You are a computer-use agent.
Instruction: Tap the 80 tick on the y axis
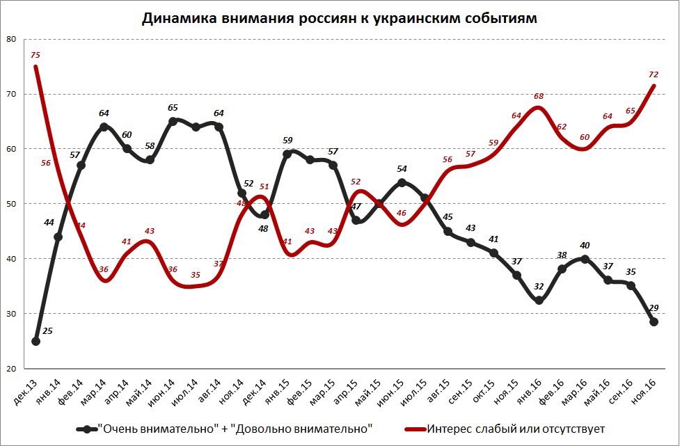10,39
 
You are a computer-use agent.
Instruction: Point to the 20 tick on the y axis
10,369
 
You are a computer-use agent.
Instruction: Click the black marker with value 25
35,341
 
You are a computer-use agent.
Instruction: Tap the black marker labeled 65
173,121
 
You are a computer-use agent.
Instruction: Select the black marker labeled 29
654,321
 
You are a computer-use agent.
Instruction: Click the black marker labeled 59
287,154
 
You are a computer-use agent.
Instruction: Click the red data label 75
35,55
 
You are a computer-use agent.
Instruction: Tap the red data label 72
654,74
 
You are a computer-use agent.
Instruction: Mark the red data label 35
196,275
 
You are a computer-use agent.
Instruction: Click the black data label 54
402,169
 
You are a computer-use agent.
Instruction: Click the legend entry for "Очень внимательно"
230,428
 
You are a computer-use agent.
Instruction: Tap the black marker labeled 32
539,301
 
